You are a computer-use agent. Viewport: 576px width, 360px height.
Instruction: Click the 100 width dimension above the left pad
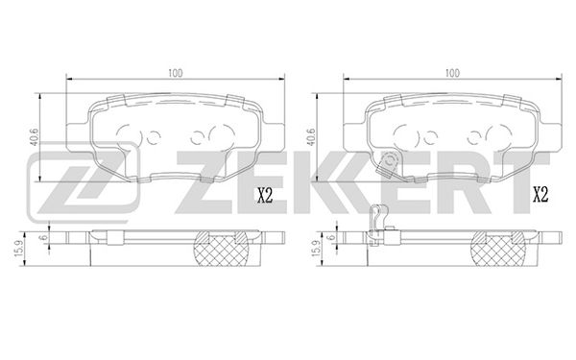pyautogui.click(x=176, y=73)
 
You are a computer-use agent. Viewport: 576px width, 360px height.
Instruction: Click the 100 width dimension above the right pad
pyautogui.click(x=452, y=73)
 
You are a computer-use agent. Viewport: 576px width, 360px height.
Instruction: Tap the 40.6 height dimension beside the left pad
pyautogui.click(x=35, y=137)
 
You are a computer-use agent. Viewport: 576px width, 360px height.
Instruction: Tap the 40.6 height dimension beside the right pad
pyautogui.click(x=311, y=137)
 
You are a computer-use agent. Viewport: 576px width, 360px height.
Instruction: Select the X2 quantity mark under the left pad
pyautogui.click(x=265, y=195)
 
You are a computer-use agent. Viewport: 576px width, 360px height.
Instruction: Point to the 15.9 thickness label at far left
pyautogui.click(x=19, y=249)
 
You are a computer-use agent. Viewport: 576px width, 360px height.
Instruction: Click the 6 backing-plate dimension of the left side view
pyautogui.click(x=44, y=237)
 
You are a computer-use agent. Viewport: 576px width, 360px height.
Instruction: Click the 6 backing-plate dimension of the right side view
pyautogui.click(x=332, y=237)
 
